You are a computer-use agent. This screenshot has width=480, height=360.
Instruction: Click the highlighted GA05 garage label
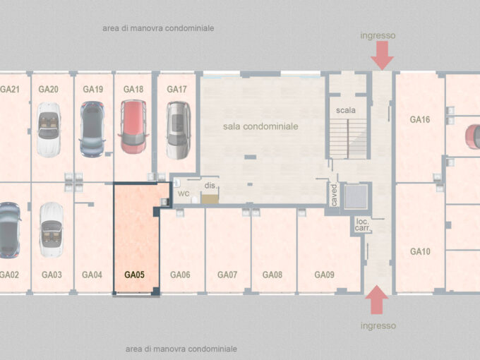[134, 275]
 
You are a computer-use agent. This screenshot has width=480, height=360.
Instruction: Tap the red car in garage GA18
[133, 127]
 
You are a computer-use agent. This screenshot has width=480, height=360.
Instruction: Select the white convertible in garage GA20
[49, 129]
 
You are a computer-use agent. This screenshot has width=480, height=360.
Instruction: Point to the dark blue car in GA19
[92, 129]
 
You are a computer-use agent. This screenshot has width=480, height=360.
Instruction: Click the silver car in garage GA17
[179, 131]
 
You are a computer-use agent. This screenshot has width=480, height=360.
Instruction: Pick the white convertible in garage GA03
[52, 229]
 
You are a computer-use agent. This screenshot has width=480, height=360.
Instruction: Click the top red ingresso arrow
[382, 55]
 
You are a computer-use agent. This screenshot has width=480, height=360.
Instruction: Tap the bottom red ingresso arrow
[377, 300]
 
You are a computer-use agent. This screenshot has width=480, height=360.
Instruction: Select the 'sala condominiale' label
[260, 126]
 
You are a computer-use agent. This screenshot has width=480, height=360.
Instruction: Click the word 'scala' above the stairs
[346, 110]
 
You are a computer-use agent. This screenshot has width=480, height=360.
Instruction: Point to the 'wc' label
[184, 193]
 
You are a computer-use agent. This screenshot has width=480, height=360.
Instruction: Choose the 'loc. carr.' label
[363, 225]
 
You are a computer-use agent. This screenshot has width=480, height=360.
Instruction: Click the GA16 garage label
[420, 119]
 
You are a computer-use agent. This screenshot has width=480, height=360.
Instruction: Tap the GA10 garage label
[420, 251]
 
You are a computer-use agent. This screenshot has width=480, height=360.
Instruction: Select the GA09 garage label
[325, 275]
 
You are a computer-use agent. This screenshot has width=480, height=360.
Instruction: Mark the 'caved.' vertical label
[334, 195]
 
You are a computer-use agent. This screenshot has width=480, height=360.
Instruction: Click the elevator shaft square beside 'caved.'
[356, 196]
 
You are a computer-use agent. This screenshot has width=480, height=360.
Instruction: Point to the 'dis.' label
[210, 186]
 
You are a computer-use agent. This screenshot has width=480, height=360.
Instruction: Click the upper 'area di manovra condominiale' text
[158, 28]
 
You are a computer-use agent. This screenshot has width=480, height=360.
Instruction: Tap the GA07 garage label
[227, 275]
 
